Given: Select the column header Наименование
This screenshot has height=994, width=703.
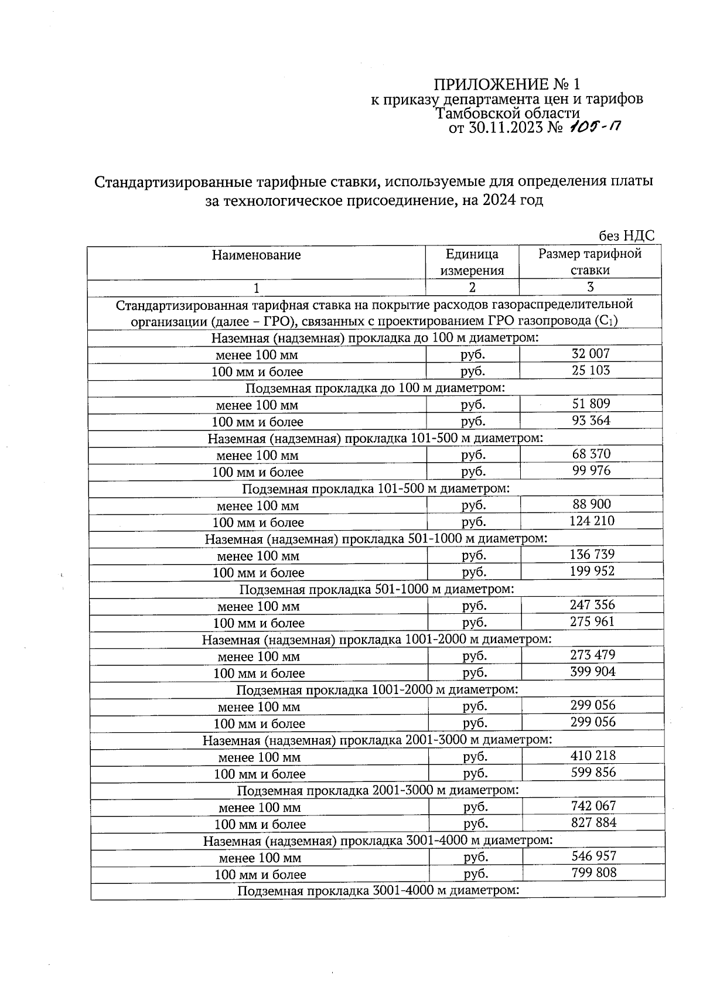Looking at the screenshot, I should (256, 255).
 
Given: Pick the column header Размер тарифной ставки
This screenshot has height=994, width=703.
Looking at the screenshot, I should (590, 262).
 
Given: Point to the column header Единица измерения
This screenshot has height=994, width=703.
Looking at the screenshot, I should (472, 262).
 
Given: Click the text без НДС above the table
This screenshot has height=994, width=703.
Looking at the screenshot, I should (626, 236).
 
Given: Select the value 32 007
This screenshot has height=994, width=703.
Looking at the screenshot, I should (590, 353).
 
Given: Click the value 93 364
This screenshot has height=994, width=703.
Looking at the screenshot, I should (591, 421).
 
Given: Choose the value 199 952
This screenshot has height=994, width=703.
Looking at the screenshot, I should (592, 571).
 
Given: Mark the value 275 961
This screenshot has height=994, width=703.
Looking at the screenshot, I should (592, 621).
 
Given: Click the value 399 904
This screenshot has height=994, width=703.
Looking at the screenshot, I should (593, 672).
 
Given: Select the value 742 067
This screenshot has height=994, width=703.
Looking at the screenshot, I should (593, 806).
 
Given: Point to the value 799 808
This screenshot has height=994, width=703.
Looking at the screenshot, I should (594, 873).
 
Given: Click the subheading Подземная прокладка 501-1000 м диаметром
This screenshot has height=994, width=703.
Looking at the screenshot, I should (377, 589).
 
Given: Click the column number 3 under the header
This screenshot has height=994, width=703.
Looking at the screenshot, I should (590, 287).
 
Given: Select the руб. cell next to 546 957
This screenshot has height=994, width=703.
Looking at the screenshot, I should (476, 858).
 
